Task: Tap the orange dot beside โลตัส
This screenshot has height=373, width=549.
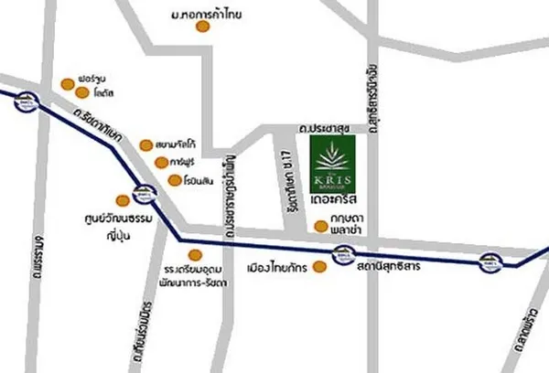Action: coord(82,93)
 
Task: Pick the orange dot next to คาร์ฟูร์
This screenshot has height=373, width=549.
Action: coord(162,163)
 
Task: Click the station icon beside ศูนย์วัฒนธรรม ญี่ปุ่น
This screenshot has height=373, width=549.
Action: coord(143,194)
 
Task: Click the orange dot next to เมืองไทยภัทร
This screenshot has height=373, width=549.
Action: coord(319,268)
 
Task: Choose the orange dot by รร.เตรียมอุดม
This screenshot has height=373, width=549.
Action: coord(193,255)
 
